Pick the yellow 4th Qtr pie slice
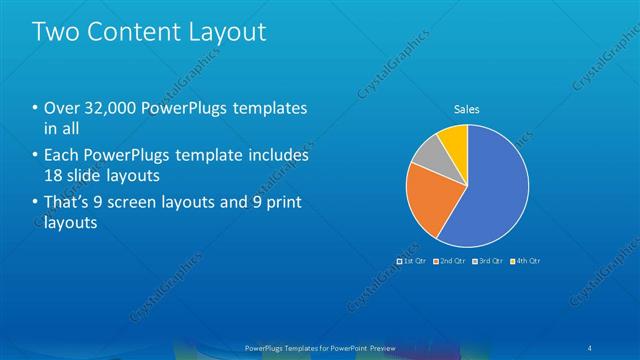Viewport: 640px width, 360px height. [x=454, y=140]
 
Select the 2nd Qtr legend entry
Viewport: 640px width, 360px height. [x=452, y=260]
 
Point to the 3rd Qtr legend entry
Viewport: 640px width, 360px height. [x=489, y=260]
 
